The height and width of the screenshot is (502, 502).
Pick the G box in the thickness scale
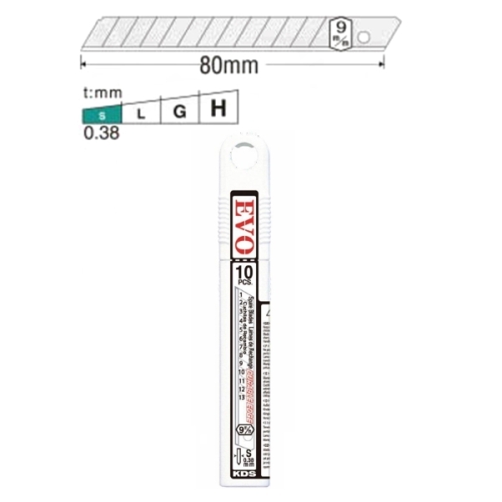tap(179, 110)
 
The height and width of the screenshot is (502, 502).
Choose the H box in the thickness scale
tap(218, 107)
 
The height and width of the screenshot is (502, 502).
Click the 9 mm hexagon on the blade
tap(341, 31)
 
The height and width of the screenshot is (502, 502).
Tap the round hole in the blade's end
tap(363, 38)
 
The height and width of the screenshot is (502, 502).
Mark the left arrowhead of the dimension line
tap(84, 63)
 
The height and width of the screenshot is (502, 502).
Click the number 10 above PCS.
tap(243, 272)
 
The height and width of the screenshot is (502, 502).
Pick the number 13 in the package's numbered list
tap(242, 396)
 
